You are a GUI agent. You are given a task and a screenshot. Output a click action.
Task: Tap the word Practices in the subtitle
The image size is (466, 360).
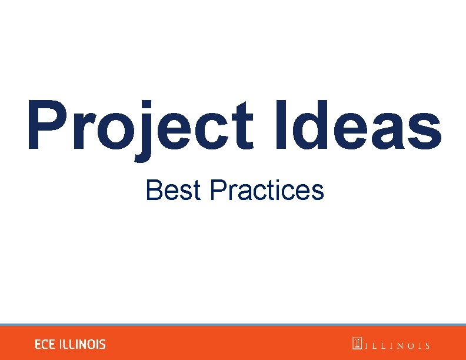(267, 191)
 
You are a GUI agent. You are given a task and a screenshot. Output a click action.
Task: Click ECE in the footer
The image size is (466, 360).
(45, 345)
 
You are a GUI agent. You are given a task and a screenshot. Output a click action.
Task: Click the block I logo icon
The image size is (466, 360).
(357, 344)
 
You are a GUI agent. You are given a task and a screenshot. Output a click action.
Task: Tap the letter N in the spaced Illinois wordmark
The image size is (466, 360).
(395, 346)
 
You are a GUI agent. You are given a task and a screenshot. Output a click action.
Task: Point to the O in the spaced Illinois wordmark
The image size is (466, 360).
(407, 346)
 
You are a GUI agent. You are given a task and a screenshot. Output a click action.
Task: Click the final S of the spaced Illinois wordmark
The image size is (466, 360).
(427, 346)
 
